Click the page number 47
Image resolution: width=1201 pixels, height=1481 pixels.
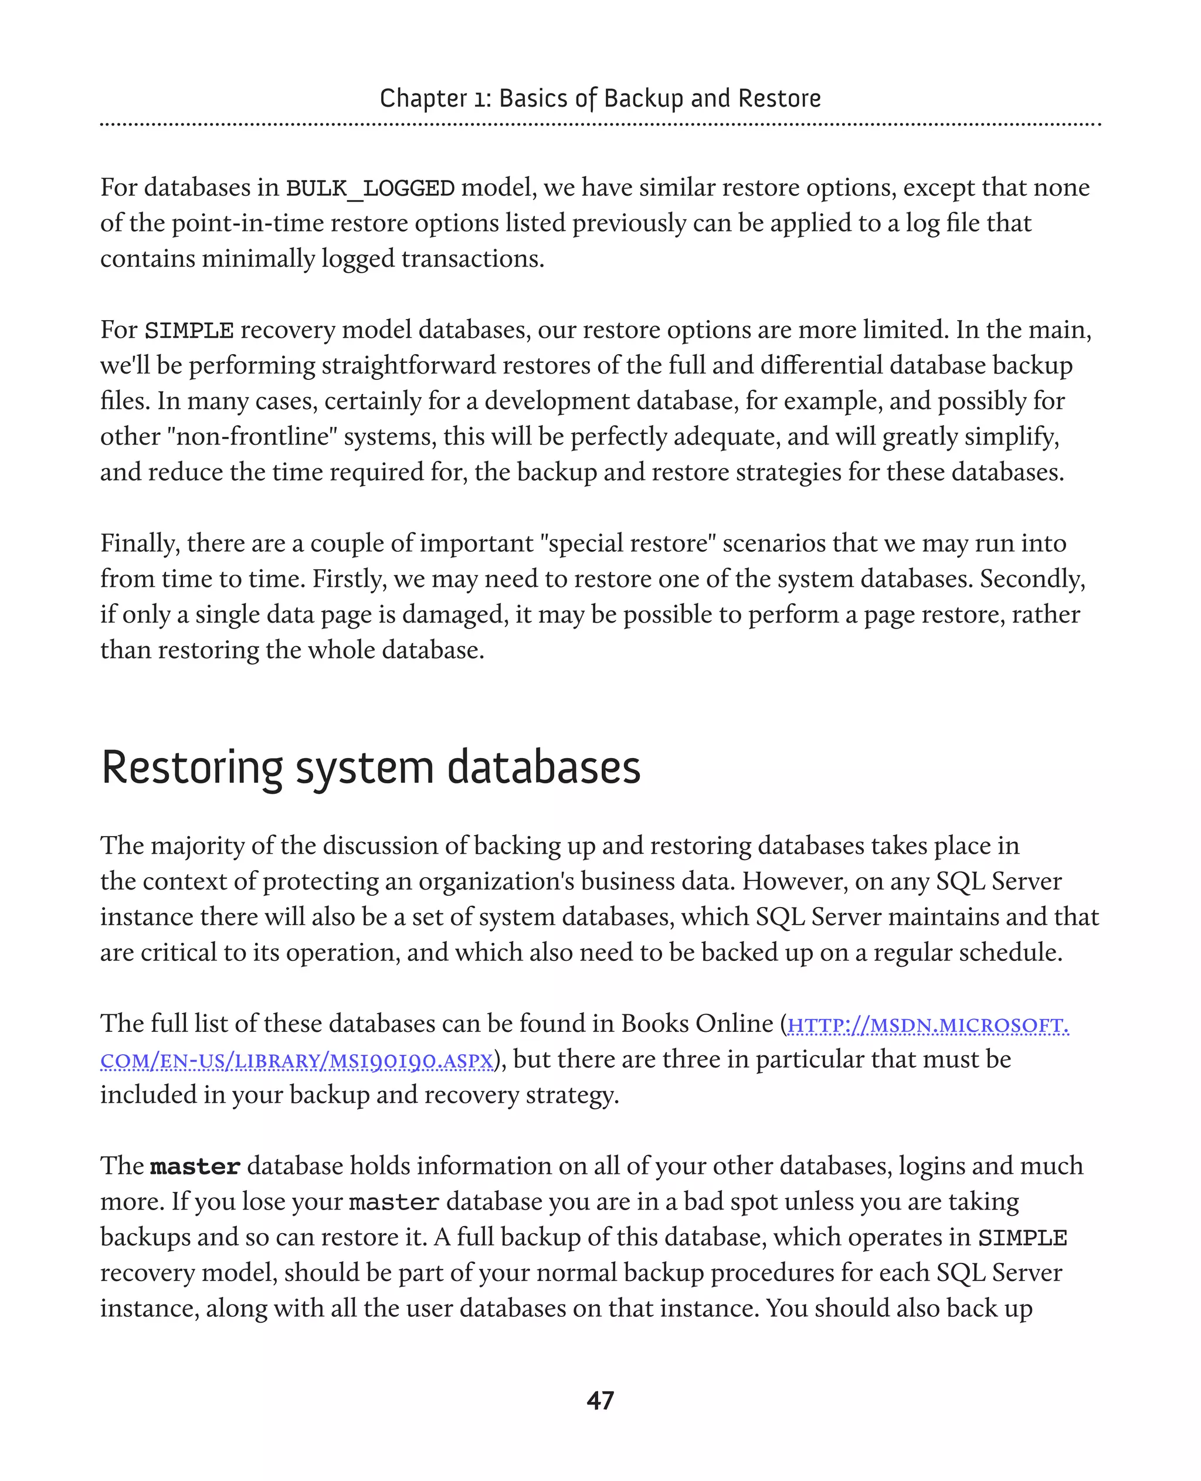coord(600,1401)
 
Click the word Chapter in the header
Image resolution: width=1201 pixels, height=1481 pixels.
coord(423,98)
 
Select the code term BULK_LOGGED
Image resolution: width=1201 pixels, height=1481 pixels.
coord(370,188)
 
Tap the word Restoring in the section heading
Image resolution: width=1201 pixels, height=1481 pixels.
coord(192,768)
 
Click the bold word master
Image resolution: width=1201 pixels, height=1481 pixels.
coord(195,1167)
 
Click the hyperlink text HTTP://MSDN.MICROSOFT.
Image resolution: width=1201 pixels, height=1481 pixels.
coord(928,1025)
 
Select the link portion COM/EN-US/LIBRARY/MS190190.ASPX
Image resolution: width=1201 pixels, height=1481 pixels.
coord(297,1061)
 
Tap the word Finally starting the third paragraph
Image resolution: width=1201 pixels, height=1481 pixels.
coord(140,543)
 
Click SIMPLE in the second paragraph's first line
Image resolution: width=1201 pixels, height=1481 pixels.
coord(188,331)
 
